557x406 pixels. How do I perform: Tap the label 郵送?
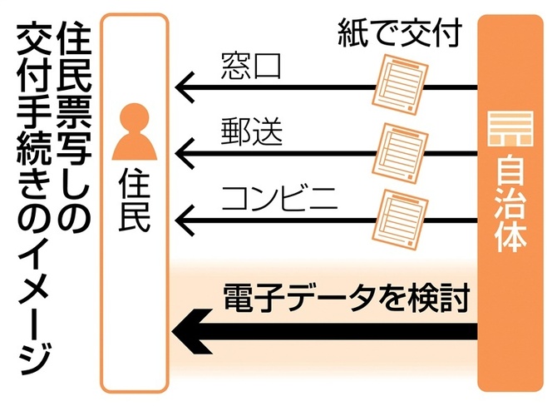(x=249, y=134)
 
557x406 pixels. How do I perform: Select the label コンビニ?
(x=278, y=201)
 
